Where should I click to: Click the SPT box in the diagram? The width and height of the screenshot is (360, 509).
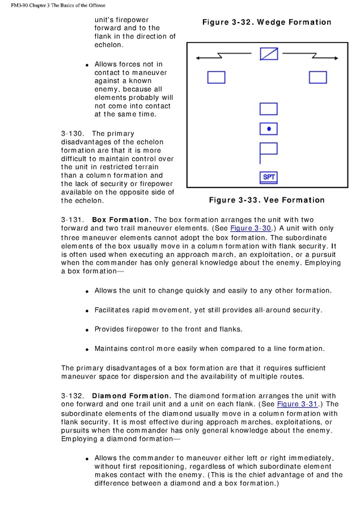tap(269, 177)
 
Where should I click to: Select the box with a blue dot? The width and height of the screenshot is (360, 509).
tap(268, 129)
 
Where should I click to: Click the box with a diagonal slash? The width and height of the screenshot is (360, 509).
tap(269, 54)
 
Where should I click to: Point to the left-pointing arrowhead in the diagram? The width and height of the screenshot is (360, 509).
tap(198, 57)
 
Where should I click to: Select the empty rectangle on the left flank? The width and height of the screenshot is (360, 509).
tap(216, 77)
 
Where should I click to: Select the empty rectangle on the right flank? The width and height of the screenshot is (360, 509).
tap(317, 77)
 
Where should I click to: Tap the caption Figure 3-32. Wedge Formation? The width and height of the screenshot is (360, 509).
tap(266, 23)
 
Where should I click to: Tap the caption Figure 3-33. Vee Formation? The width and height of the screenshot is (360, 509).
tap(266, 200)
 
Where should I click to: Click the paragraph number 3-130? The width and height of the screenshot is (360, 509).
tap(73, 134)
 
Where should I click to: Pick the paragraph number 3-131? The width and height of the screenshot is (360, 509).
tap(73, 219)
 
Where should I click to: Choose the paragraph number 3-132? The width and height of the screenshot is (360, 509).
tap(73, 396)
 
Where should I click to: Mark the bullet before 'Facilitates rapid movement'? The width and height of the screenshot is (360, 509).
tap(87, 311)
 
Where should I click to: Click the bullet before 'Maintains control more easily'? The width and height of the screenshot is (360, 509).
tap(87, 349)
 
